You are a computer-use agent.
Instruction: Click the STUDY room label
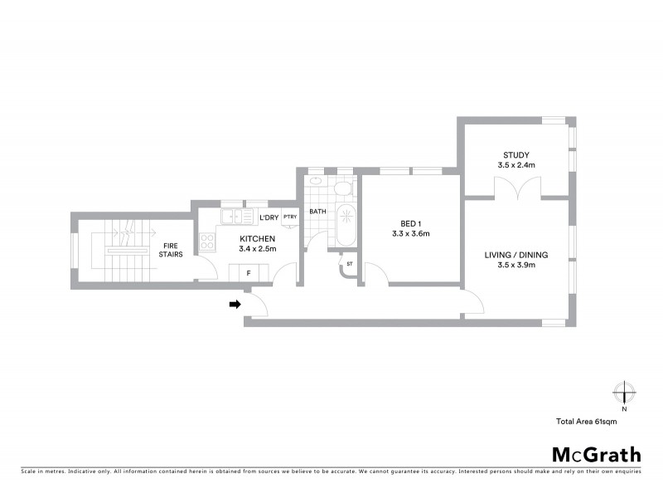515,154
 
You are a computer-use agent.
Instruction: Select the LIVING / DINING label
516,255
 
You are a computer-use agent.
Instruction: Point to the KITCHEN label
234,238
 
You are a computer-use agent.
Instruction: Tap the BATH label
317,212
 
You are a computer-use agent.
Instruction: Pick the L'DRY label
268,217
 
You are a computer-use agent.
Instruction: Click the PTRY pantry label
290,217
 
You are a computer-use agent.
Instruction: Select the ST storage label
349,265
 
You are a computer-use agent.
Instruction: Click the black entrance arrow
235,305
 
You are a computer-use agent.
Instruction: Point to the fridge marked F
247,272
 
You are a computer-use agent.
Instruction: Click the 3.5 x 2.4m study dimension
516,165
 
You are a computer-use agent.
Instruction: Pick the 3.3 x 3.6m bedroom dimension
410,234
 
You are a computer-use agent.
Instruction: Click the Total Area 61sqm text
586,422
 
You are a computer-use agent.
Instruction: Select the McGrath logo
596,454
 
